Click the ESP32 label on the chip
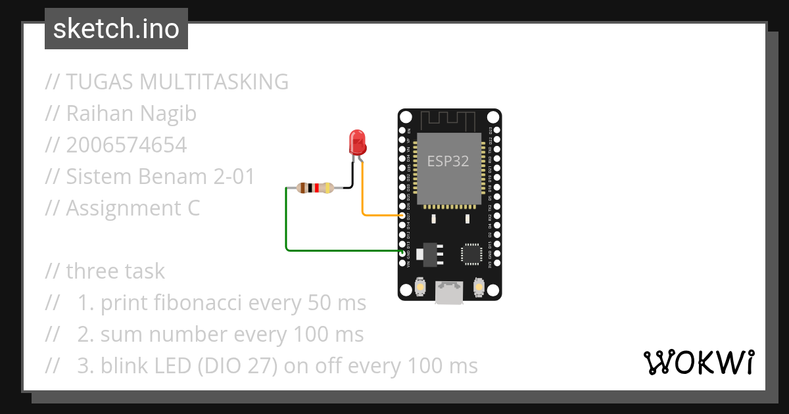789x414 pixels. click(x=448, y=161)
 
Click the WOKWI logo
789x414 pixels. click(x=698, y=362)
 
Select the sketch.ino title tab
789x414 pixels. click(x=116, y=29)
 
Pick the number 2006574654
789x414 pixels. click(x=126, y=145)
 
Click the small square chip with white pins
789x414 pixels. click(x=471, y=254)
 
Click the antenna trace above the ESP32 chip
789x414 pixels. click(x=448, y=120)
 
